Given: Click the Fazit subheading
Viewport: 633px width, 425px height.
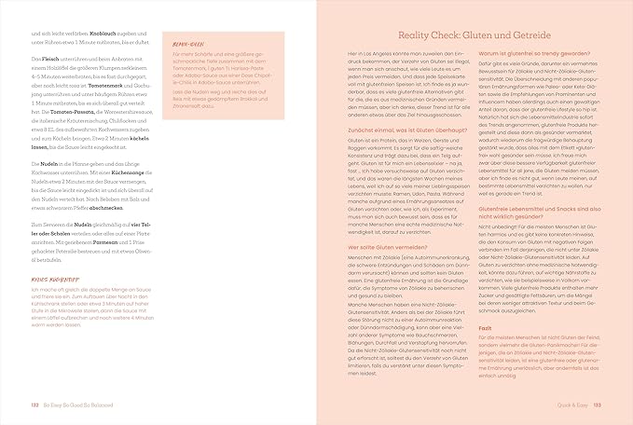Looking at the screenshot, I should [483, 324].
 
